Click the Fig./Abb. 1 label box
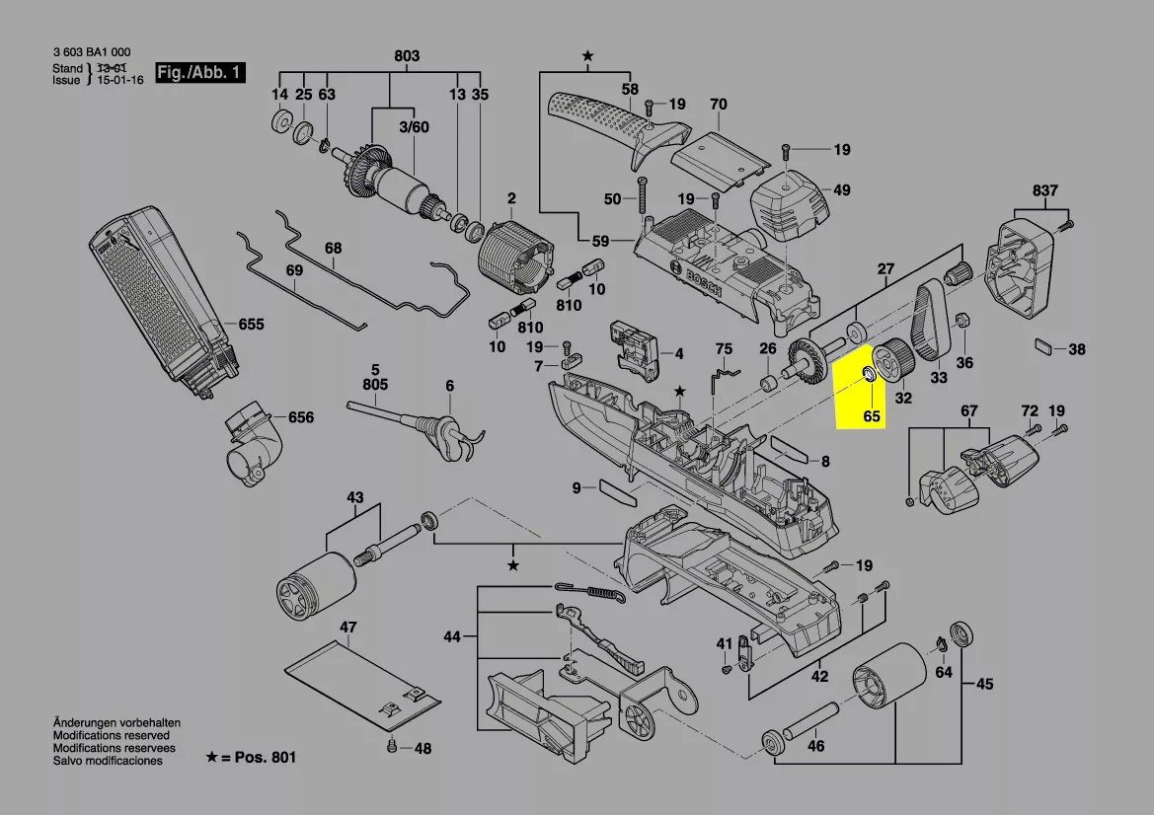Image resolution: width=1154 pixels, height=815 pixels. [199, 72]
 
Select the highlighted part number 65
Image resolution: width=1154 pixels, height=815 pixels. [871, 416]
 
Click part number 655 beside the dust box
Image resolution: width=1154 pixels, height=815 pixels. [251, 324]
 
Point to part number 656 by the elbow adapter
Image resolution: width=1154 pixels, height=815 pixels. [301, 417]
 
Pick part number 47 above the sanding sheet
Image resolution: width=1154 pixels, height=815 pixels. [347, 628]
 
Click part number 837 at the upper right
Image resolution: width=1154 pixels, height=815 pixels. [1045, 190]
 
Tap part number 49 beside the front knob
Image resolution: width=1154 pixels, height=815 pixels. [841, 190]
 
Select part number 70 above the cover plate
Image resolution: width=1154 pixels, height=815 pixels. [718, 104]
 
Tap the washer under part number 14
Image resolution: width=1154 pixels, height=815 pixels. [279, 123]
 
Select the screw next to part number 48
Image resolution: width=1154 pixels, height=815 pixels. [393, 747]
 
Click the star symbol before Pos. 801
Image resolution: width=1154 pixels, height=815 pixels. [211, 757]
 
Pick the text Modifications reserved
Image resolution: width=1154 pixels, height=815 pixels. [111, 735]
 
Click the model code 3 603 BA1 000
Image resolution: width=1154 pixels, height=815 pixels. [91, 53]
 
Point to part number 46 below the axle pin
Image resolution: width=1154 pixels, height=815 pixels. [815, 747]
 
